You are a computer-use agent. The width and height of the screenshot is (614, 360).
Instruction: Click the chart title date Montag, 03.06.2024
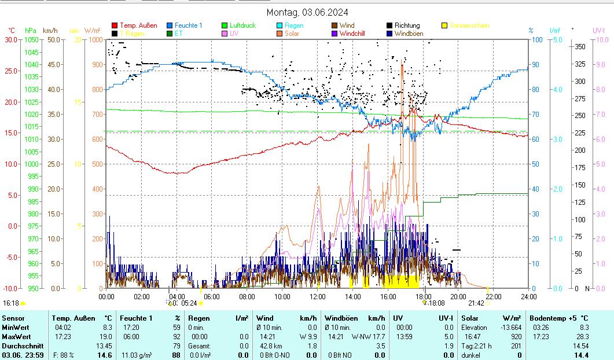tap(307, 13)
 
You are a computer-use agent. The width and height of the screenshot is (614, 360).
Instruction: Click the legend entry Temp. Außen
tap(138, 25)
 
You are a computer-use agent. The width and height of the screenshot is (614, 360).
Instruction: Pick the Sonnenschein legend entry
tap(469, 25)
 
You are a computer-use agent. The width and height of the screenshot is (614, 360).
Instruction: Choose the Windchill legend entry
tap(356, 34)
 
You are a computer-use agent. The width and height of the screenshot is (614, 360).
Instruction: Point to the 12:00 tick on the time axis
tap(318, 296)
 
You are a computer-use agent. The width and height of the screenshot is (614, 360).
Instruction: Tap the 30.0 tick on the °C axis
tap(11, 39)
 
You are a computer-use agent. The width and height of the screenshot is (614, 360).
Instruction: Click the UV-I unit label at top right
tap(598, 30)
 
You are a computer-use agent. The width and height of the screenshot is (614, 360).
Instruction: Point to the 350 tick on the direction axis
tap(579, 46)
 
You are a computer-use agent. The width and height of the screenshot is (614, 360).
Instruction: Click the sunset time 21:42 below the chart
tap(476, 303)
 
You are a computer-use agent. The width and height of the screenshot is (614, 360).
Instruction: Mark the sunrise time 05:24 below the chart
tap(189, 303)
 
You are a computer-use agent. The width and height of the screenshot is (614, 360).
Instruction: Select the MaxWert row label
tap(14, 336)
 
